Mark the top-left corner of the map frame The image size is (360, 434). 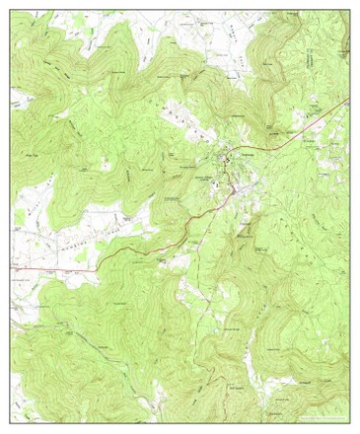pyautogui.click(x=11, y=10)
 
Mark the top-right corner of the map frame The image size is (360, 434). pyautogui.click(x=349, y=10)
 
